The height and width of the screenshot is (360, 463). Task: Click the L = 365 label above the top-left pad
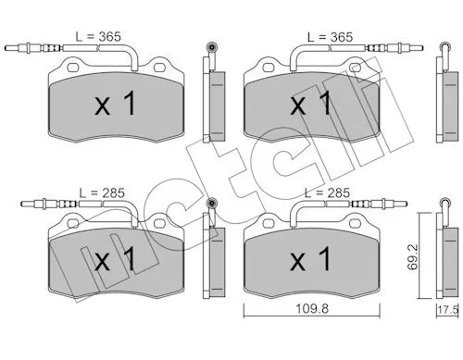pyautogui.click(x=98, y=37)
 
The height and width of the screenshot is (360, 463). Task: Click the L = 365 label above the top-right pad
pyautogui.click(x=330, y=37)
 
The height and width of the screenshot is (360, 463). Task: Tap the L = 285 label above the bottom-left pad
pyautogui.click(x=102, y=193)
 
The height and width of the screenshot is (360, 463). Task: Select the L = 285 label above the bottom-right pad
pyautogui.click(x=327, y=193)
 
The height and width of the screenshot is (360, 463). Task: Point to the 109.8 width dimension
pyautogui.click(x=312, y=308)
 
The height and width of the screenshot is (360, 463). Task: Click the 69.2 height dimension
pyautogui.click(x=412, y=256)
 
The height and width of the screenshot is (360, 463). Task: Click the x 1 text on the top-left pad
pyautogui.click(x=115, y=104)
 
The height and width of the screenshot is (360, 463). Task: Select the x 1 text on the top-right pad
pyautogui.click(x=310, y=104)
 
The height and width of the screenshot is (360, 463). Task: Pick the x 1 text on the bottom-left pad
pyautogui.click(x=115, y=259)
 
